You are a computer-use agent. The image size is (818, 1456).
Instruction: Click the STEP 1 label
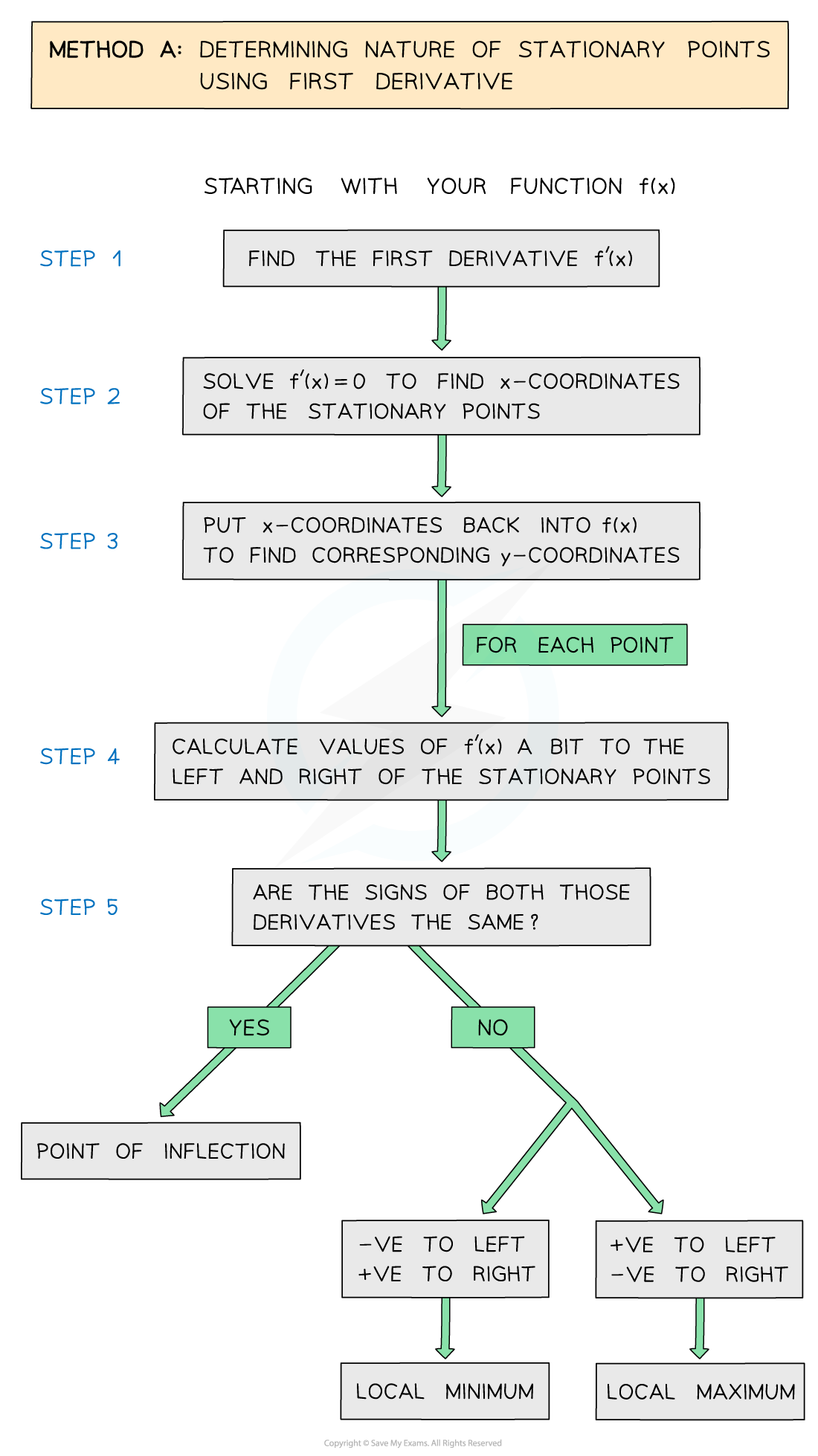point(80,259)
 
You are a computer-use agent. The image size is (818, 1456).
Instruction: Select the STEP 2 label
point(80,396)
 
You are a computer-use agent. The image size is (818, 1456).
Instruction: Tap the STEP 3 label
point(79,541)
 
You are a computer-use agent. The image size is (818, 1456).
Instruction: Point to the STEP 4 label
point(80,757)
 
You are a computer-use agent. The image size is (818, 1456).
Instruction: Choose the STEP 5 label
point(79,907)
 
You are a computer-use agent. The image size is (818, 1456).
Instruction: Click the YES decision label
point(249,1028)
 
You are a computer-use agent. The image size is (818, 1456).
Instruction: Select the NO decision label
point(492,1028)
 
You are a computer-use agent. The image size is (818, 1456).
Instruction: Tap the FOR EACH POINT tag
point(574,645)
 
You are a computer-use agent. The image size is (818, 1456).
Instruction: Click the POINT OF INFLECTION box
point(161,1151)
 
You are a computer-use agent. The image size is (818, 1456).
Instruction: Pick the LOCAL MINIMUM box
point(445,1391)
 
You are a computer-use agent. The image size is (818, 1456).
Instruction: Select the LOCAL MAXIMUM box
point(700,1391)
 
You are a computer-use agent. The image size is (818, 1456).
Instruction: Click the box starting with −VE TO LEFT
point(445,1259)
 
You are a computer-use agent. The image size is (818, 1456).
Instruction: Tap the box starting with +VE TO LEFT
point(699,1259)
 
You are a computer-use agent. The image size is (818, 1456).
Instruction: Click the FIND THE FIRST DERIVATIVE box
point(441,259)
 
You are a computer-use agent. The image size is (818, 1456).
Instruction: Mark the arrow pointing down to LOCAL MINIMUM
point(445,1327)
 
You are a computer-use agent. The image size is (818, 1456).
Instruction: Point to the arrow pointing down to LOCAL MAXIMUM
point(700,1327)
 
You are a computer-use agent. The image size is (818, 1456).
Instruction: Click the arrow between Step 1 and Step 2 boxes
point(442,317)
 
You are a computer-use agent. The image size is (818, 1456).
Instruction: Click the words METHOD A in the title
point(115,50)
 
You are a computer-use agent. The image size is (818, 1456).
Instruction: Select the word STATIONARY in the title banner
point(591,50)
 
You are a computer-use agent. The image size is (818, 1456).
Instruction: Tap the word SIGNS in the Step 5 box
point(396,893)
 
